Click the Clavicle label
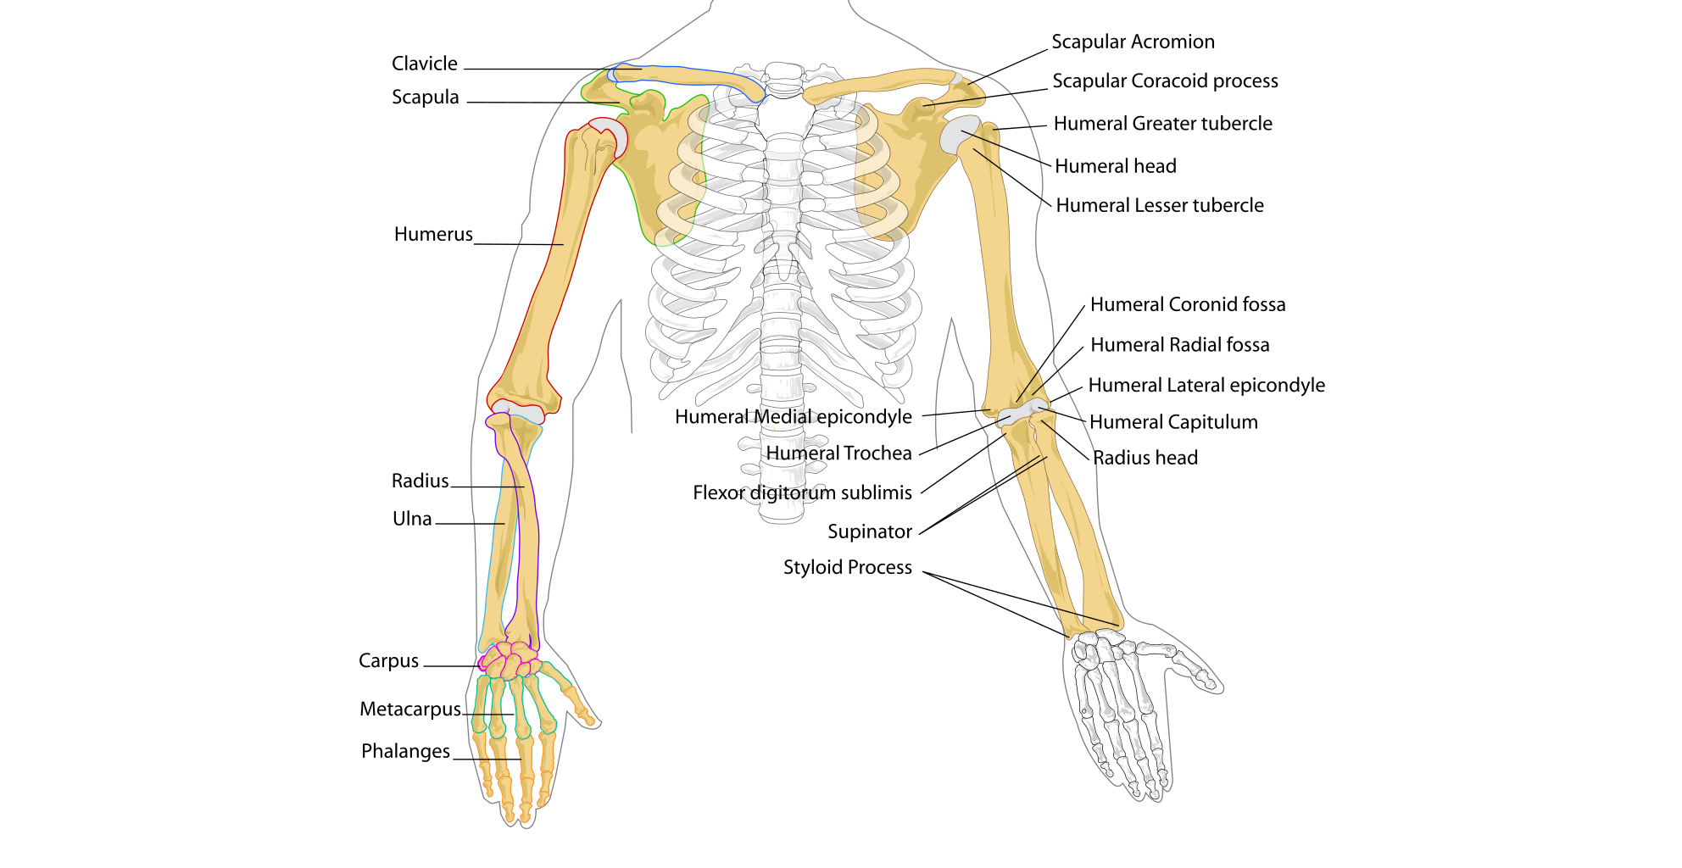(424, 64)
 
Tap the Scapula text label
(425, 97)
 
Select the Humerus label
(433, 234)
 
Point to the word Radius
(420, 481)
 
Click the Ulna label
(412, 519)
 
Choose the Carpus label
(388, 660)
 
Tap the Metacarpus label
(410, 709)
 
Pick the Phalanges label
(405, 751)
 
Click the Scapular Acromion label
(1133, 42)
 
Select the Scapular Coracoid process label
(1165, 81)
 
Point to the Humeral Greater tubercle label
(1162, 124)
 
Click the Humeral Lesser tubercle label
(1159, 205)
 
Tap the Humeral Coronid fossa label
(1187, 304)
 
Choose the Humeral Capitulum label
(1172, 422)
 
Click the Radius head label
(1145, 458)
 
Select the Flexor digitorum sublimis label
(802, 492)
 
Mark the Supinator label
(869, 531)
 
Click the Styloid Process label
(847, 567)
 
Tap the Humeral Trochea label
(838, 453)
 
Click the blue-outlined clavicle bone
(687, 76)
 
